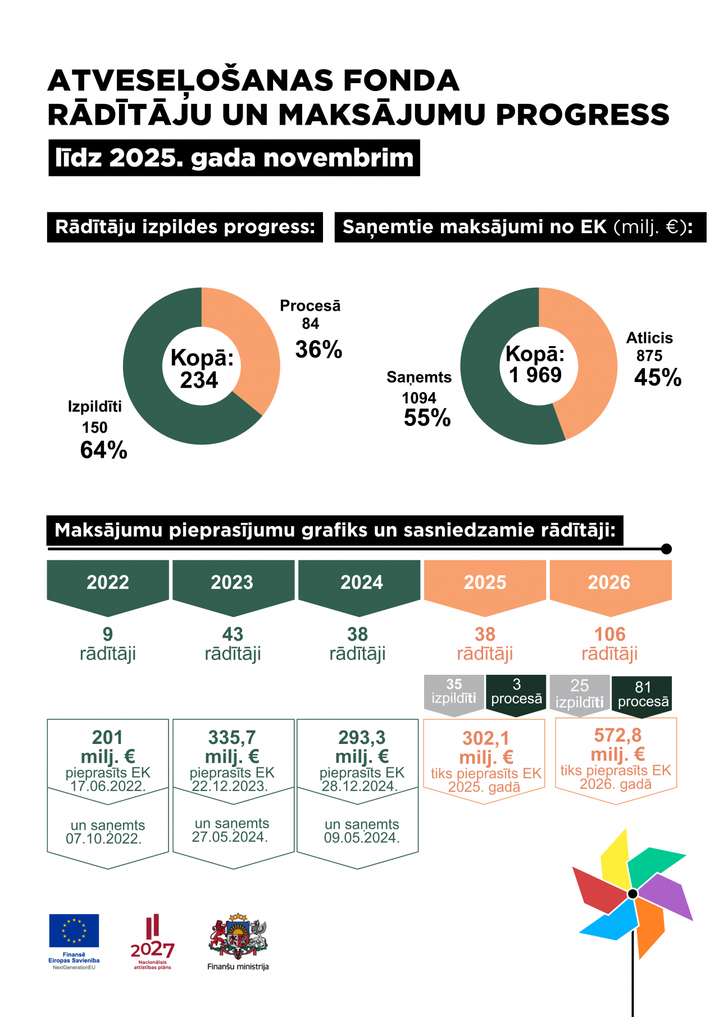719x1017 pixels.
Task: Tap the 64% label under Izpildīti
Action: click(x=104, y=450)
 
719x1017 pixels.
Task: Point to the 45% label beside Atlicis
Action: click(x=658, y=378)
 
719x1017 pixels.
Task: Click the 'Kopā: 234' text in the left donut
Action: click(x=201, y=369)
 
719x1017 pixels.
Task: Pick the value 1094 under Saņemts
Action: click(x=419, y=398)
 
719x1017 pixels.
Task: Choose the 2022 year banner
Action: click(x=108, y=583)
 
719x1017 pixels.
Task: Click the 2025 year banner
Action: click(x=485, y=583)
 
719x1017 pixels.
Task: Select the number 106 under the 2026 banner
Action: click(x=609, y=634)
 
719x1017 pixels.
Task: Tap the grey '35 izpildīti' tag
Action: click(x=454, y=692)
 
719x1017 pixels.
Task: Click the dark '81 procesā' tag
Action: click(x=643, y=694)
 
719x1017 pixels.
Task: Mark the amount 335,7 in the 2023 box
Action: click(x=232, y=737)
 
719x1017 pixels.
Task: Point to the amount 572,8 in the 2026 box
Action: click(x=617, y=735)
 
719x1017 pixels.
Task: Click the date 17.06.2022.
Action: click(x=108, y=786)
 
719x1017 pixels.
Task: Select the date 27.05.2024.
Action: click(x=230, y=837)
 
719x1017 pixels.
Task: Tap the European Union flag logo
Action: click(x=74, y=930)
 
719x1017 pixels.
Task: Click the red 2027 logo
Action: click(x=152, y=938)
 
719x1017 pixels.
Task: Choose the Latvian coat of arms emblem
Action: click(x=238, y=936)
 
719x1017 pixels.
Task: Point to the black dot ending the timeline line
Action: click(x=666, y=549)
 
